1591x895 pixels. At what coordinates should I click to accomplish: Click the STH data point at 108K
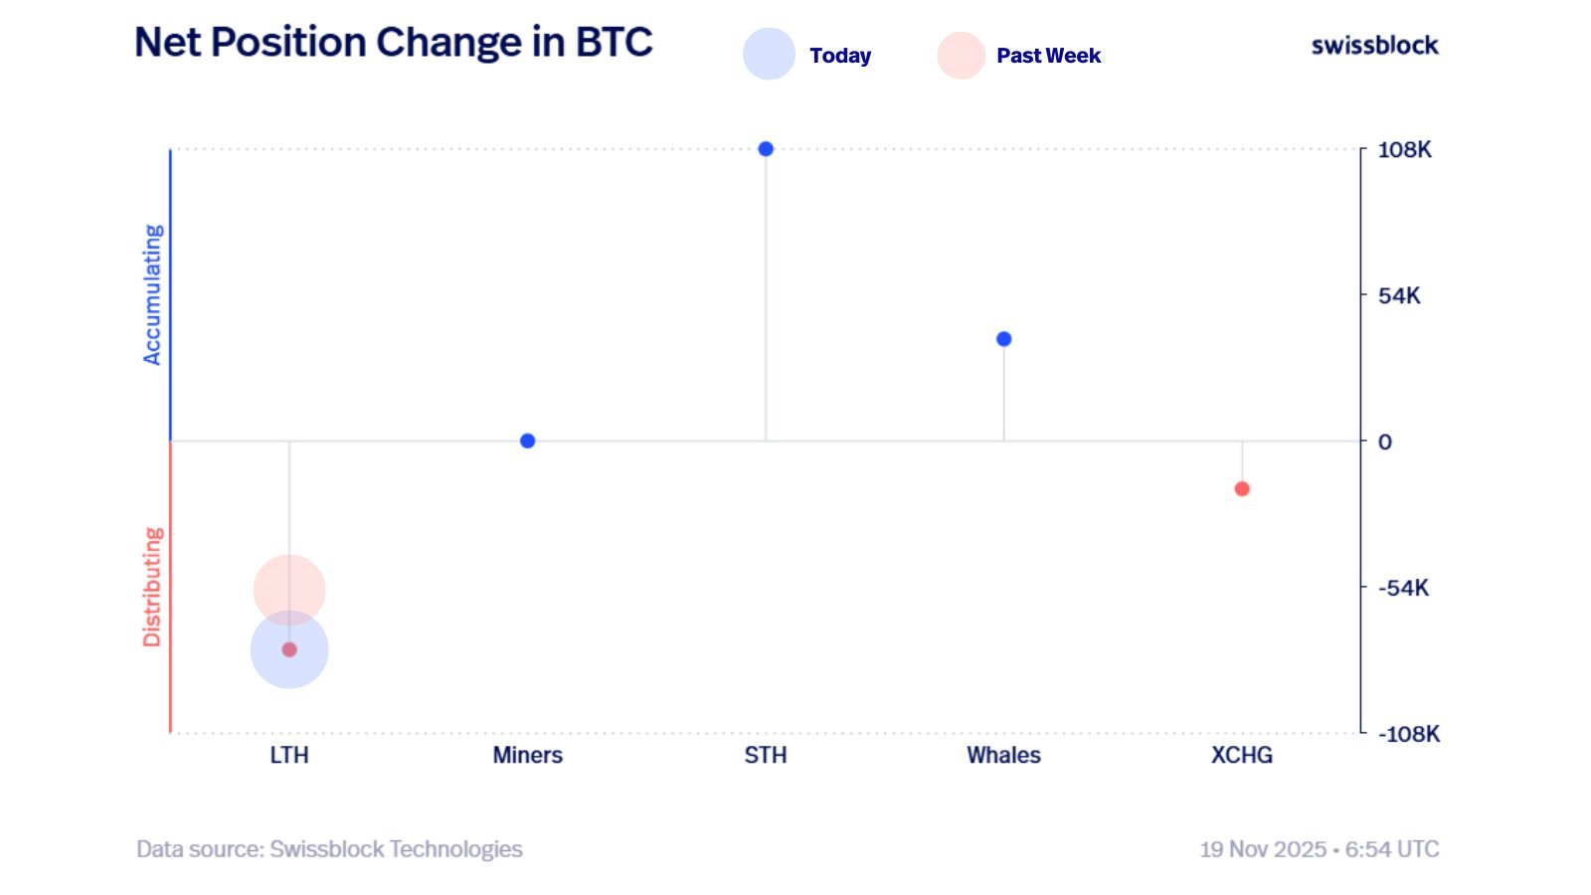click(766, 149)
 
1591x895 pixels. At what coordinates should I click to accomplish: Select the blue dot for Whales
click(1003, 339)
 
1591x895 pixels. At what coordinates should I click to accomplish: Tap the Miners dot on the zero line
click(528, 441)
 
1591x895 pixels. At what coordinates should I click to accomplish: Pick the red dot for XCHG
click(1242, 488)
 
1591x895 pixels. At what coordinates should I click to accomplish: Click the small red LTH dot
click(289, 649)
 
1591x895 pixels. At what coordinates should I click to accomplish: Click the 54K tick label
click(1399, 295)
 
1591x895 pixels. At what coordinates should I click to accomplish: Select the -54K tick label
click(1403, 588)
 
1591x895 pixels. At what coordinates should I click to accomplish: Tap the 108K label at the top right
click(1404, 150)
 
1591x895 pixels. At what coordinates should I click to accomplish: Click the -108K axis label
click(1408, 734)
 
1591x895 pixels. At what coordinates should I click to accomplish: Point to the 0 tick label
click(1385, 442)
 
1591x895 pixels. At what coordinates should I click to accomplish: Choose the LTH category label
click(289, 755)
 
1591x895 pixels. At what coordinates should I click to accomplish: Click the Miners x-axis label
click(528, 755)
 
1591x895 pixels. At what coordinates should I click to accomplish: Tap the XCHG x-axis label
click(1242, 755)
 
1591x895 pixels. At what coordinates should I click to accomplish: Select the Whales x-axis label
click(1003, 755)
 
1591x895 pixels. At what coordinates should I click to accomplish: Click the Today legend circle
click(769, 54)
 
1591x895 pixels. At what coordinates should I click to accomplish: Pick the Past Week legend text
click(1048, 56)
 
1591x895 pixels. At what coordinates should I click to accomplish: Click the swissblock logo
click(1374, 45)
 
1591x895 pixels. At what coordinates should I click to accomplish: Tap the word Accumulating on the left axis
click(152, 294)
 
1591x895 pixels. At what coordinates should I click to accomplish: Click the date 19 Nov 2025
click(1262, 849)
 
